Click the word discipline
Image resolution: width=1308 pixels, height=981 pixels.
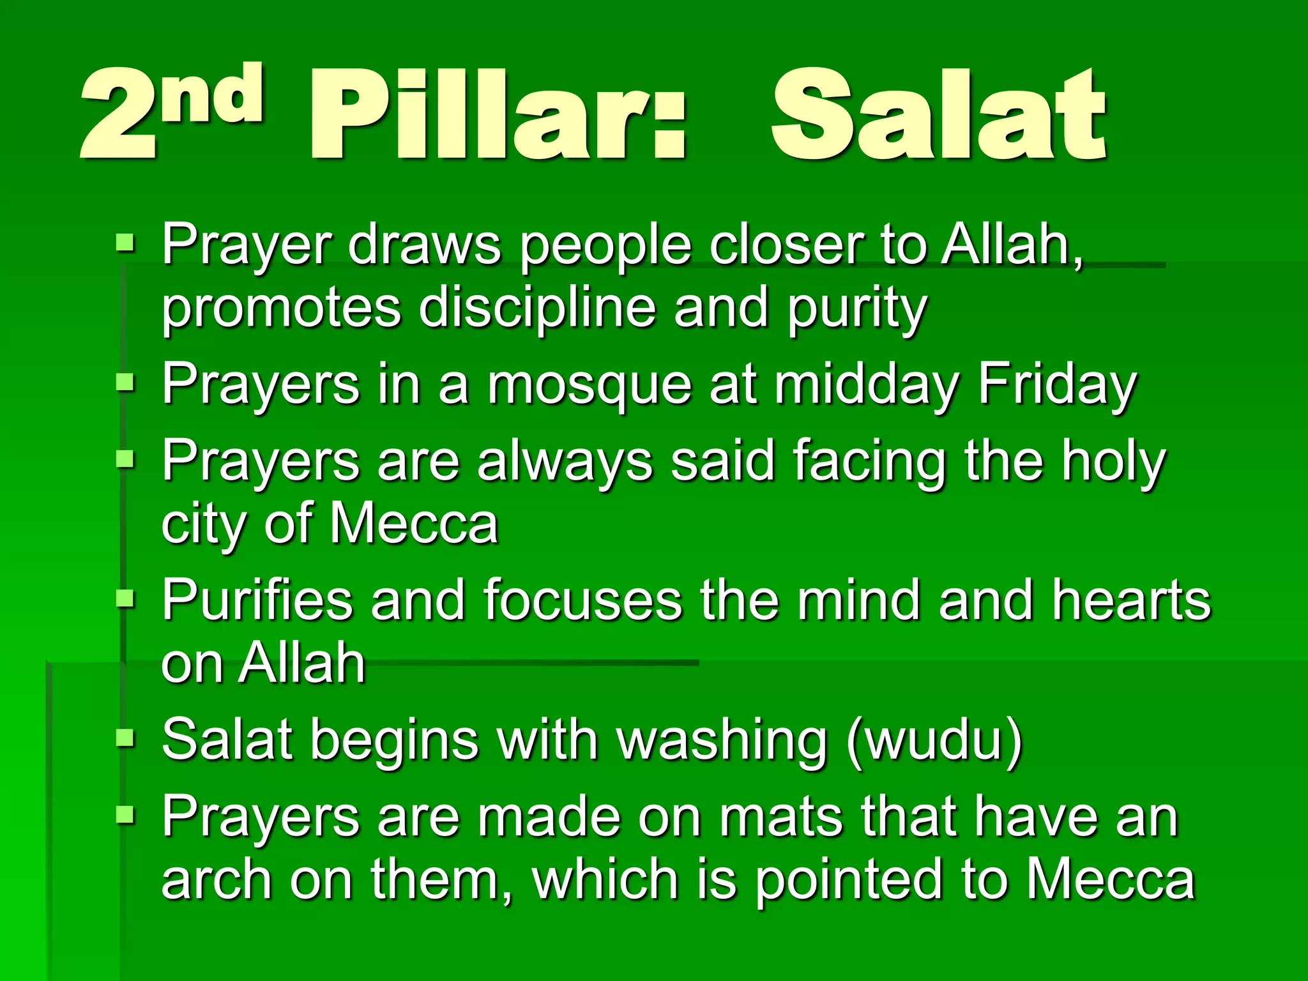(536, 308)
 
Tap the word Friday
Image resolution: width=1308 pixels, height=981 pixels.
(1057, 385)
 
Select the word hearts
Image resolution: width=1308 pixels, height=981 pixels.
(1131, 600)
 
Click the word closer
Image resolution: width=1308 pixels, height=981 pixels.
(786, 245)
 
